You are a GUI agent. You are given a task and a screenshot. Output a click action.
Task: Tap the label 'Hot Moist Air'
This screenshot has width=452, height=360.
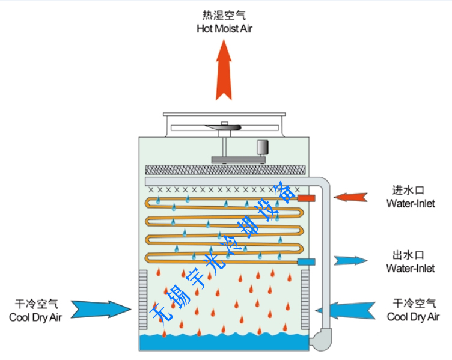click(224, 28)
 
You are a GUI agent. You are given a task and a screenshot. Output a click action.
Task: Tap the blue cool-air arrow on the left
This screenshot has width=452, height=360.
click(102, 308)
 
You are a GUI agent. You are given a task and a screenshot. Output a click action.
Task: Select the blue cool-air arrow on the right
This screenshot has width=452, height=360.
click(350, 308)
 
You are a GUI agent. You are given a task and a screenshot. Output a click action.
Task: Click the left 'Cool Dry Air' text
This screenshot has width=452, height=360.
click(35, 317)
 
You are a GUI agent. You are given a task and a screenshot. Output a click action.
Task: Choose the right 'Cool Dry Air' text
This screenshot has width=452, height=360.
click(413, 317)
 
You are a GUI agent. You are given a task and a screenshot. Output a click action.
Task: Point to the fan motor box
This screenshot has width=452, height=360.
click(263, 148)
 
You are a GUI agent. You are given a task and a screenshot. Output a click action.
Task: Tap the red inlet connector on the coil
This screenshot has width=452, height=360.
click(307, 198)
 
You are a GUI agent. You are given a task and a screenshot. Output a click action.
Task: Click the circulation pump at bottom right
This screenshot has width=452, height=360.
click(320, 338)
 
